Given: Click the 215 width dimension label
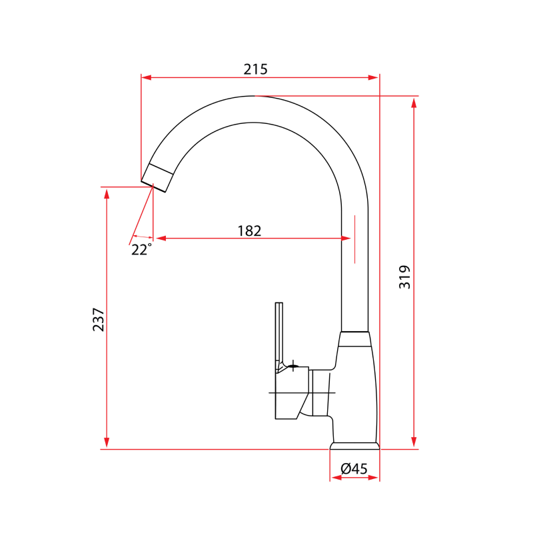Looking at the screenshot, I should coord(255,69).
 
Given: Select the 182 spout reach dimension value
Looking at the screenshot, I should coord(249,231).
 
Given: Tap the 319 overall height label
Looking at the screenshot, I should coord(405,276).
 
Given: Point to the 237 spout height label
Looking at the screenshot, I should coord(99,320).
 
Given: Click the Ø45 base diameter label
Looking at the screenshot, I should coord(354,468).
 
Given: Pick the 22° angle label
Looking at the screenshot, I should coord(141,250).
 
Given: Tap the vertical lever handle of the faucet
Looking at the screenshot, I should coord(279,333).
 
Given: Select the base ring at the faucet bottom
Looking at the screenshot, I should coord(355,445).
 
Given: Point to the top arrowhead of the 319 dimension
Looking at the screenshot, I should coord(414,102).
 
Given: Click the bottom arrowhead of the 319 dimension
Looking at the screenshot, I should coord(414,443).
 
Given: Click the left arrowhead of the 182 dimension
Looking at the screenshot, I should coord(160,238).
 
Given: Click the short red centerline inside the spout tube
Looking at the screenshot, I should coord(355,238).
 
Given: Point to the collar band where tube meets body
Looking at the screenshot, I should coord(354,339).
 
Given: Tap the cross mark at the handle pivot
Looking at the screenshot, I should coord(294,364).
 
